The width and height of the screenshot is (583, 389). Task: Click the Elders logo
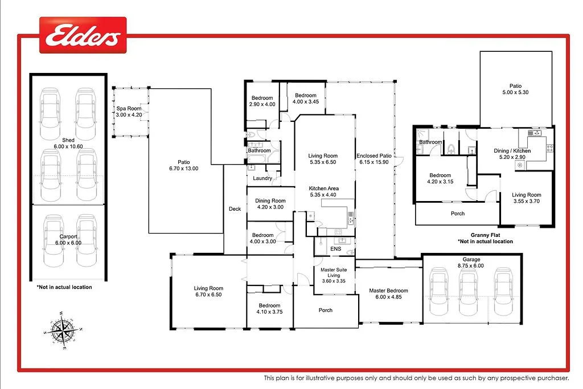coord(83,35)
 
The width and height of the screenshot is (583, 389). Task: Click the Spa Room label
coord(129,109)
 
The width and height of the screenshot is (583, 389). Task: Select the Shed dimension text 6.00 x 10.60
coord(68,146)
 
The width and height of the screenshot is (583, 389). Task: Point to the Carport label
coord(68,236)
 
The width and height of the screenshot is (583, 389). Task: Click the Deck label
coord(235,209)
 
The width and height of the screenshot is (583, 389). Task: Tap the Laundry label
coord(262,178)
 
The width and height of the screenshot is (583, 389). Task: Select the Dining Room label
coord(270,201)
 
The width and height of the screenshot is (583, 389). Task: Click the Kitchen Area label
coord(323,189)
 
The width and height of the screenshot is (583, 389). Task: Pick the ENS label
coord(336,249)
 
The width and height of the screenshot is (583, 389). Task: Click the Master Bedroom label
coord(388,290)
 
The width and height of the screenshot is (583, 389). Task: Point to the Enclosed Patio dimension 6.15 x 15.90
coord(374,162)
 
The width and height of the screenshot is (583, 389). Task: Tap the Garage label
coord(471,260)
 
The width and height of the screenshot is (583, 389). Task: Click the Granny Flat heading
coord(485,235)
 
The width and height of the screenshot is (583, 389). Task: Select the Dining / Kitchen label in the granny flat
coord(512,150)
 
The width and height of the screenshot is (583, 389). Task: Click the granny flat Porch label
coord(458,214)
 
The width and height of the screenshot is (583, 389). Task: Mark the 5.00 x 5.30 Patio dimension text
coord(515,92)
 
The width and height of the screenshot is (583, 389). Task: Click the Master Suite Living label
coord(334,273)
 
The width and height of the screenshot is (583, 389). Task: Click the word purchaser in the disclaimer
coord(552,378)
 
